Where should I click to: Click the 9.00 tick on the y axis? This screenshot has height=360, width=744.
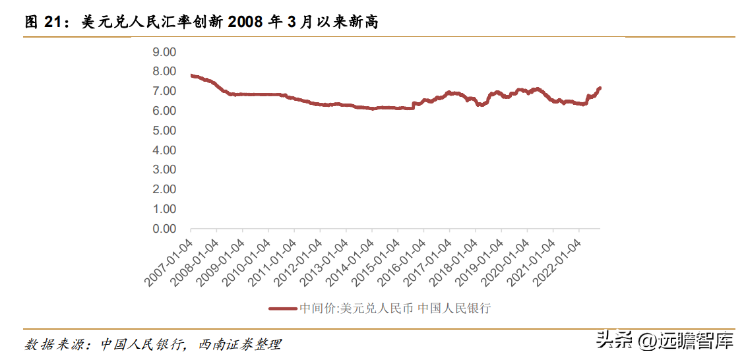(x=164, y=51)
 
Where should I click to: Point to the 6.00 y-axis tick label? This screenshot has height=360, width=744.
(x=164, y=111)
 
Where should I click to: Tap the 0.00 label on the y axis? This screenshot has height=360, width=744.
(x=164, y=229)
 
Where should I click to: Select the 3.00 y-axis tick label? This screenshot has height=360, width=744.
(x=164, y=169)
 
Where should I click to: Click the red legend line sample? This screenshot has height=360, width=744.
(x=283, y=308)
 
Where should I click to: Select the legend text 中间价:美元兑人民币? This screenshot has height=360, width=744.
(x=356, y=308)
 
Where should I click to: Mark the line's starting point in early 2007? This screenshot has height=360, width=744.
(x=191, y=75)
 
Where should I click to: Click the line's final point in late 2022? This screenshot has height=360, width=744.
(x=600, y=88)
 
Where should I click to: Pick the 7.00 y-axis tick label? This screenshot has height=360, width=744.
(x=164, y=91)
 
